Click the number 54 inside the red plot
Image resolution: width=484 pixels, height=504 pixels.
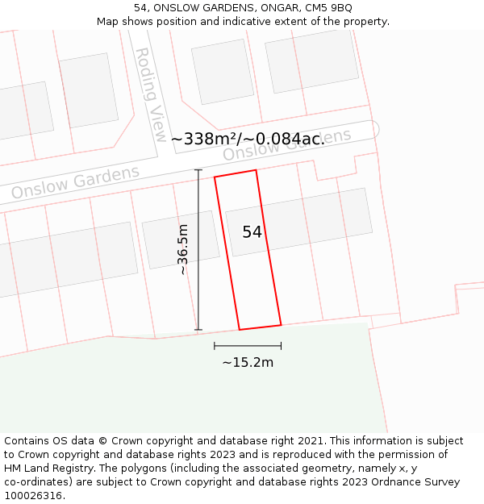[x=252, y=232]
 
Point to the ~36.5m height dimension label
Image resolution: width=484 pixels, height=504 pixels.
[x=183, y=249]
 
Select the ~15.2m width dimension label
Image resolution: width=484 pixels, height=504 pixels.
[x=248, y=362]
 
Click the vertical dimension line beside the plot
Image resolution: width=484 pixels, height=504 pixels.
[x=198, y=250]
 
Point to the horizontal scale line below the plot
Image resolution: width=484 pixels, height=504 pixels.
[x=248, y=346]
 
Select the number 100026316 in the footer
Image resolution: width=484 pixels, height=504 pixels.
[x=31, y=496]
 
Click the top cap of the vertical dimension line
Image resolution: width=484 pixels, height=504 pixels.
[x=198, y=169]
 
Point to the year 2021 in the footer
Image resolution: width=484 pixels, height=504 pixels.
[x=310, y=441]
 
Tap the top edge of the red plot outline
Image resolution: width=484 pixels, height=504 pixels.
[x=236, y=173]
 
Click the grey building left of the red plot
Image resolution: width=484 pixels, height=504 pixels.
[x=181, y=240]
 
